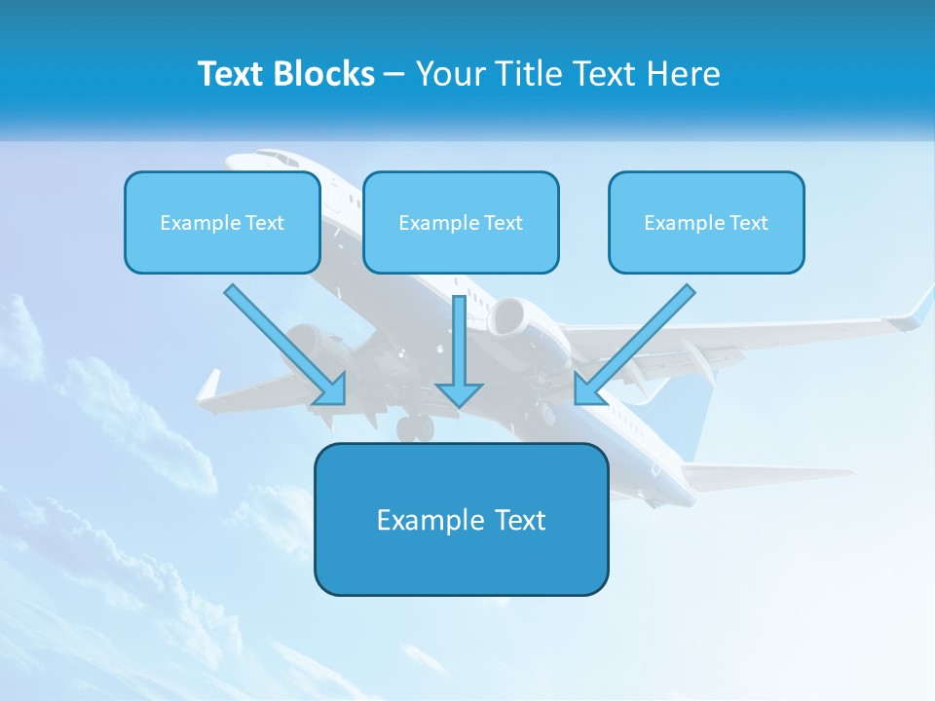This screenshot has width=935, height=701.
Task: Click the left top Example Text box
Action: (x=222, y=222)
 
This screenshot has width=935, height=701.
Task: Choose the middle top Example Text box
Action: (x=461, y=222)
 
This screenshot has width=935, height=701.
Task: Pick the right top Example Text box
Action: (x=706, y=222)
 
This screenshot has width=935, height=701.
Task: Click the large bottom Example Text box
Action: (x=461, y=519)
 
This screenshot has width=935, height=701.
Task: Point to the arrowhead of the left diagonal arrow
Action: (x=333, y=391)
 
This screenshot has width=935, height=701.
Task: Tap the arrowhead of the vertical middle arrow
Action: (x=459, y=394)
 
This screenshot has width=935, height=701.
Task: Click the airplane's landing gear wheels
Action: (x=415, y=426)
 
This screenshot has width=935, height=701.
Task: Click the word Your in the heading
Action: (x=446, y=74)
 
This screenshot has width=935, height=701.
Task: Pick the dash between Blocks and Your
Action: (x=395, y=74)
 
